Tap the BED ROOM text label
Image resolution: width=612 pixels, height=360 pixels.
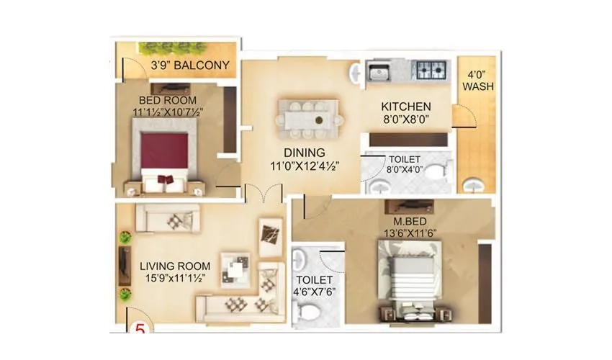pyautogui.click(x=161, y=100)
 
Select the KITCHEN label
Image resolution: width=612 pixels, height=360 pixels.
pyautogui.click(x=406, y=107)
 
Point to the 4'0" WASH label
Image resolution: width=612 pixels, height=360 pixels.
pyautogui.click(x=477, y=81)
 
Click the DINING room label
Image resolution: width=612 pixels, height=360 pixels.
pyautogui.click(x=303, y=153)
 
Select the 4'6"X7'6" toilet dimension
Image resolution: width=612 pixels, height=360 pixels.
pyautogui.click(x=313, y=292)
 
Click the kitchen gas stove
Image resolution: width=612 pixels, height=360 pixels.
pyautogui.click(x=430, y=71)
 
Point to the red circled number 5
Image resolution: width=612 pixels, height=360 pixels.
pyautogui.click(x=139, y=328)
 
